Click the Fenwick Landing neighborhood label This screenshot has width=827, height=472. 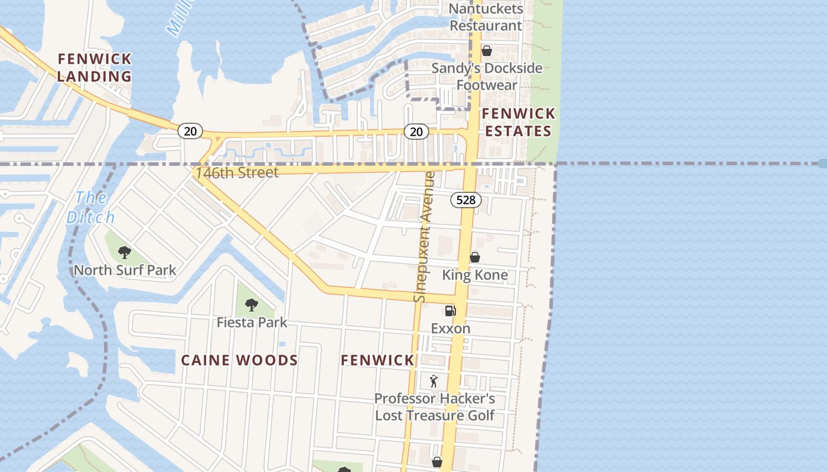(95, 67)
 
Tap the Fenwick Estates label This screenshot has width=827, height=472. (519, 122)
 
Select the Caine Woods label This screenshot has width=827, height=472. (239, 360)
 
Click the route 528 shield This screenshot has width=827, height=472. (466, 200)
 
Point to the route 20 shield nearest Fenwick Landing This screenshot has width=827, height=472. (190, 131)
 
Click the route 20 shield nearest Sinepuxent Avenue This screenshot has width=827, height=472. (416, 132)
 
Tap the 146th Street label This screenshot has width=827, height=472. (237, 173)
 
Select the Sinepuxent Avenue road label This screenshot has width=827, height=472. (424, 236)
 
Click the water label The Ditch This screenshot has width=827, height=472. (90, 207)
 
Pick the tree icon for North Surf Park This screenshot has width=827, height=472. (125, 253)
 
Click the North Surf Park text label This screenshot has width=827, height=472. (125, 271)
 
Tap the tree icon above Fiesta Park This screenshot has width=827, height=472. (252, 305)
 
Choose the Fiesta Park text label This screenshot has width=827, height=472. (252, 323)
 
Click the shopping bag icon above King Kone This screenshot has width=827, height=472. (474, 257)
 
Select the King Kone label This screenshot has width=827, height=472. (475, 275)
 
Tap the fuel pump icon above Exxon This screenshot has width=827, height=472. (450, 310)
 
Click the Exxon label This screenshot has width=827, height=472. (451, 329)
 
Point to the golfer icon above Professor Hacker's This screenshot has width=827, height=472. (434, 381)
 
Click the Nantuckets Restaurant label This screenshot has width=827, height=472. (486, 17)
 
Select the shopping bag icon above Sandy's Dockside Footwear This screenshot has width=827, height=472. (487, 51)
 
